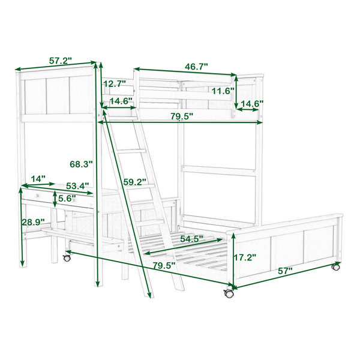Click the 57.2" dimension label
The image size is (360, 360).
pyautogui.click(x=61, y=61)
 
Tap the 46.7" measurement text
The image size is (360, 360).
pyautogui.click(x=196, y=67)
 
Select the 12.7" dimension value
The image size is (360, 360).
pyautogui.click(x=115, y=84)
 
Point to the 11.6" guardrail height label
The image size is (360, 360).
pyautogui.click(x=223, y=91)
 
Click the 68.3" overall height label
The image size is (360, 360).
pyautogui.click(x=81, y=164)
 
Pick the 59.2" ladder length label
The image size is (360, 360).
pyautogui.click(x=135, y=182)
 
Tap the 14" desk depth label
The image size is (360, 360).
pyautogui.click(x=38, y=178)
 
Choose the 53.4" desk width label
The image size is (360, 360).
pyautogui.click(x=77, y=186)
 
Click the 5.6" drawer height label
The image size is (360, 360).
pyautogui.click(x=67, y=199)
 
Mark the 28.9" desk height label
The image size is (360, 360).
pyautogui.click(x=33, y=222)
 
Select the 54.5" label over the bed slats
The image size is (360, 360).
pyautogui.click(x=191, y=239)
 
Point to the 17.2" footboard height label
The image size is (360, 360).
pyautogui.click(x=245, y=257)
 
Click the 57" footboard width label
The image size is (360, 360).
pyautogui.click(x=285, y=271)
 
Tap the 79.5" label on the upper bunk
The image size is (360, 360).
pyautogui.click(x=182, y=116)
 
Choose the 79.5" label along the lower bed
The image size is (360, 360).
pyautogui.click(x=164, y=266)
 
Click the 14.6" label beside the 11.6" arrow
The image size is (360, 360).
pyautogui.click(x=252, y=104)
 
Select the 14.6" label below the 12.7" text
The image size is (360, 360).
pyautogui.click(x=121, y=101)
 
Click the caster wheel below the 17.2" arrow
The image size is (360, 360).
pyautogui.click(x=228, y=293)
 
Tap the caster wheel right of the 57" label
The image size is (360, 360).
pyautogui.click(x=335, y=267)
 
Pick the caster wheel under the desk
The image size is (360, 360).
pyautogui.click(x=67, y=257)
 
